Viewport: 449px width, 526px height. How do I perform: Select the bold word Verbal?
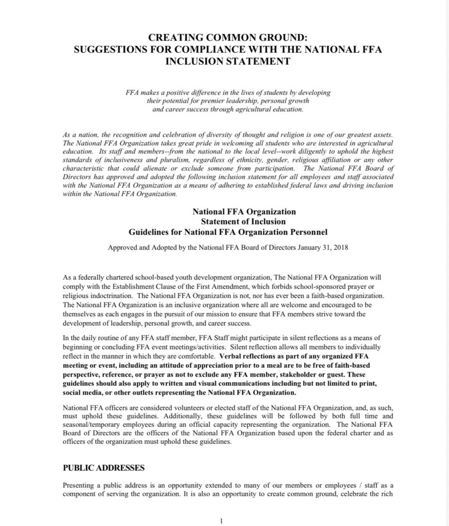click(x=231, y=355)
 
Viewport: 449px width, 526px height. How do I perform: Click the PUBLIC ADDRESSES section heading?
click(x=103, y=468)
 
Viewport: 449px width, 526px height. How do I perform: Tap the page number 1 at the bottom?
click(x=221, y=520)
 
